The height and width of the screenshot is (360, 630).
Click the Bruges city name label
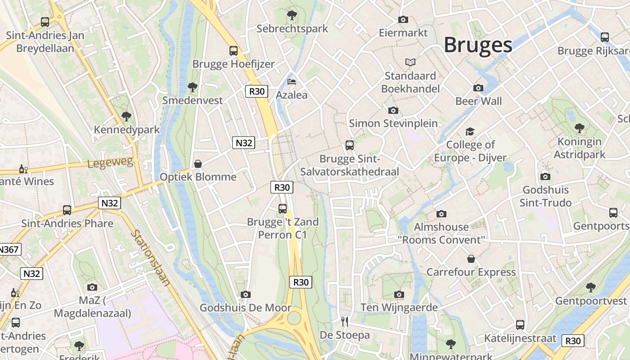478,45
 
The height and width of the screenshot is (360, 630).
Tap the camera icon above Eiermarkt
403,19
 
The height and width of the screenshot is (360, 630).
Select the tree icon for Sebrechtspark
292,15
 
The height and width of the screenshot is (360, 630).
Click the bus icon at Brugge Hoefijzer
233,50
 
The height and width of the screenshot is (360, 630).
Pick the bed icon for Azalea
292,81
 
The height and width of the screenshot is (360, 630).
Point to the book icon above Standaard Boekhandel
410,62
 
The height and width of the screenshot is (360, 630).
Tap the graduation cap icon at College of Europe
470,131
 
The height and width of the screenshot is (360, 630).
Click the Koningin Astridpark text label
579,148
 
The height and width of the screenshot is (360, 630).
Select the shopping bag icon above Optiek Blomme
198,164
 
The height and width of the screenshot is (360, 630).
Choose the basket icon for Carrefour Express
471,259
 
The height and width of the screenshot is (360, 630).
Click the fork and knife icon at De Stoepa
345,321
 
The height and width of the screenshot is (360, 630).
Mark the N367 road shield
9,249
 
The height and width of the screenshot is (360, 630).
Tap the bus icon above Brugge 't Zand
283,208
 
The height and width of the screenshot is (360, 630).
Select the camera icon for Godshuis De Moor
245,294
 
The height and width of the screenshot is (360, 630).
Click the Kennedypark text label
126,130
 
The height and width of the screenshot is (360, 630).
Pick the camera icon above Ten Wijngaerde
399,294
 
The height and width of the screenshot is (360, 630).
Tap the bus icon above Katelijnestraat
520,324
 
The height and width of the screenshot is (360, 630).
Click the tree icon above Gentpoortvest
591,287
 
